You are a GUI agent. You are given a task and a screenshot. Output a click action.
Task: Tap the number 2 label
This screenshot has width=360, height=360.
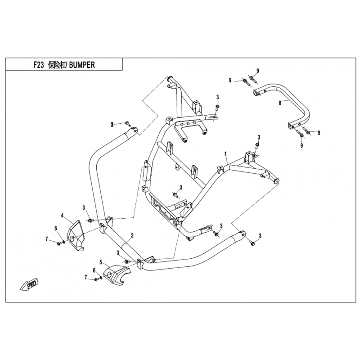pos(132,235)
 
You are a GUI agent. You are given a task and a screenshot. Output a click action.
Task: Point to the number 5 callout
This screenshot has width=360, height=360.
pos(101,261)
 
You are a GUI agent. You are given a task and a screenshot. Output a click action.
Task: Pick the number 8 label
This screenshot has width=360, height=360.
pos(280,103)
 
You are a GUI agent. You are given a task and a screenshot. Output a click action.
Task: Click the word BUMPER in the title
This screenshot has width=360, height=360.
pos(82,64)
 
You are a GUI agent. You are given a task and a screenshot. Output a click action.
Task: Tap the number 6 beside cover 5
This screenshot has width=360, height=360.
pos(94,270)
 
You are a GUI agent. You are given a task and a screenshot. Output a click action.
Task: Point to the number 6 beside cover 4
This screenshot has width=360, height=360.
pos(56,229)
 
